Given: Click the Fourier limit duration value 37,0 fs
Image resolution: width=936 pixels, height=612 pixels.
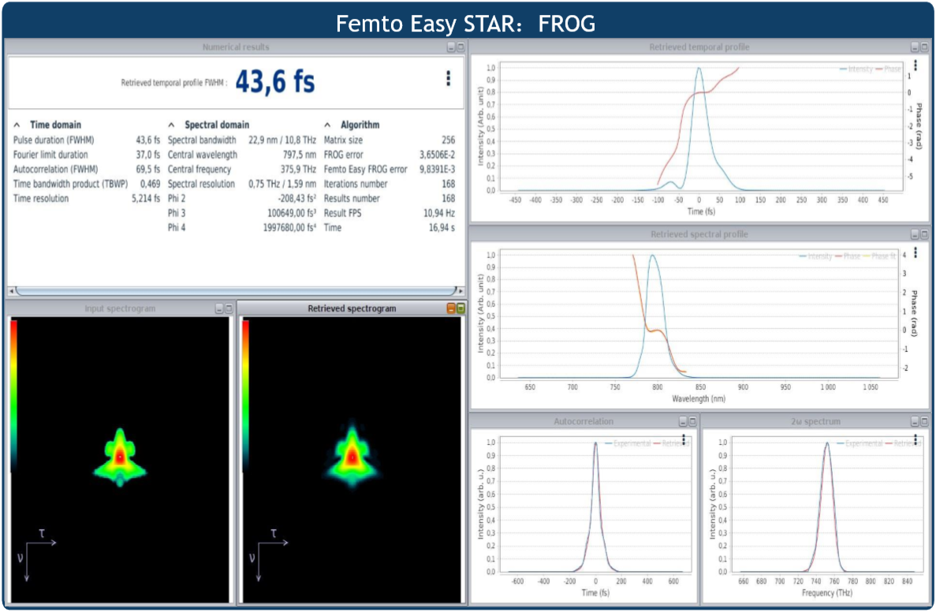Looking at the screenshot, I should tap(147, 155).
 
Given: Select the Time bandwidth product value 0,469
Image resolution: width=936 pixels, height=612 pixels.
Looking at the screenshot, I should tap(150, 184).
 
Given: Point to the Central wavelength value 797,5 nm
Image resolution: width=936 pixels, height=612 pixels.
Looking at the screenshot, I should tap(299, 155).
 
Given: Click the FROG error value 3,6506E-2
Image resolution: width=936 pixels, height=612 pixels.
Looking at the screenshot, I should tap(437, 155).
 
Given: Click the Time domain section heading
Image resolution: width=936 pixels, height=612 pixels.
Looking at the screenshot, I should tap(55, 125).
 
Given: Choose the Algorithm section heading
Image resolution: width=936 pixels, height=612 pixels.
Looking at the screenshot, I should tap(360, 125).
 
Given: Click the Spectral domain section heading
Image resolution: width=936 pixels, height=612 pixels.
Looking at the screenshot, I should tap(217, 125).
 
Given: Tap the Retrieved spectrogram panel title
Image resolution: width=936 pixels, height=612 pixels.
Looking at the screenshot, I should tap(352, 308).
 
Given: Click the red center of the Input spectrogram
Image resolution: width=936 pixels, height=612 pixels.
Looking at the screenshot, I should tap(119, 456).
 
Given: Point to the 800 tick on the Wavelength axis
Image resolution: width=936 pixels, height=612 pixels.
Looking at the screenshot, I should tap(658, 387).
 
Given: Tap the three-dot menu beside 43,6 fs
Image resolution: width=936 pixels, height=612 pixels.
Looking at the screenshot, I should tap(448, 78).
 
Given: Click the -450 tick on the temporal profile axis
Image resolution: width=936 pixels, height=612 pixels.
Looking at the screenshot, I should tap(515, 200).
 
